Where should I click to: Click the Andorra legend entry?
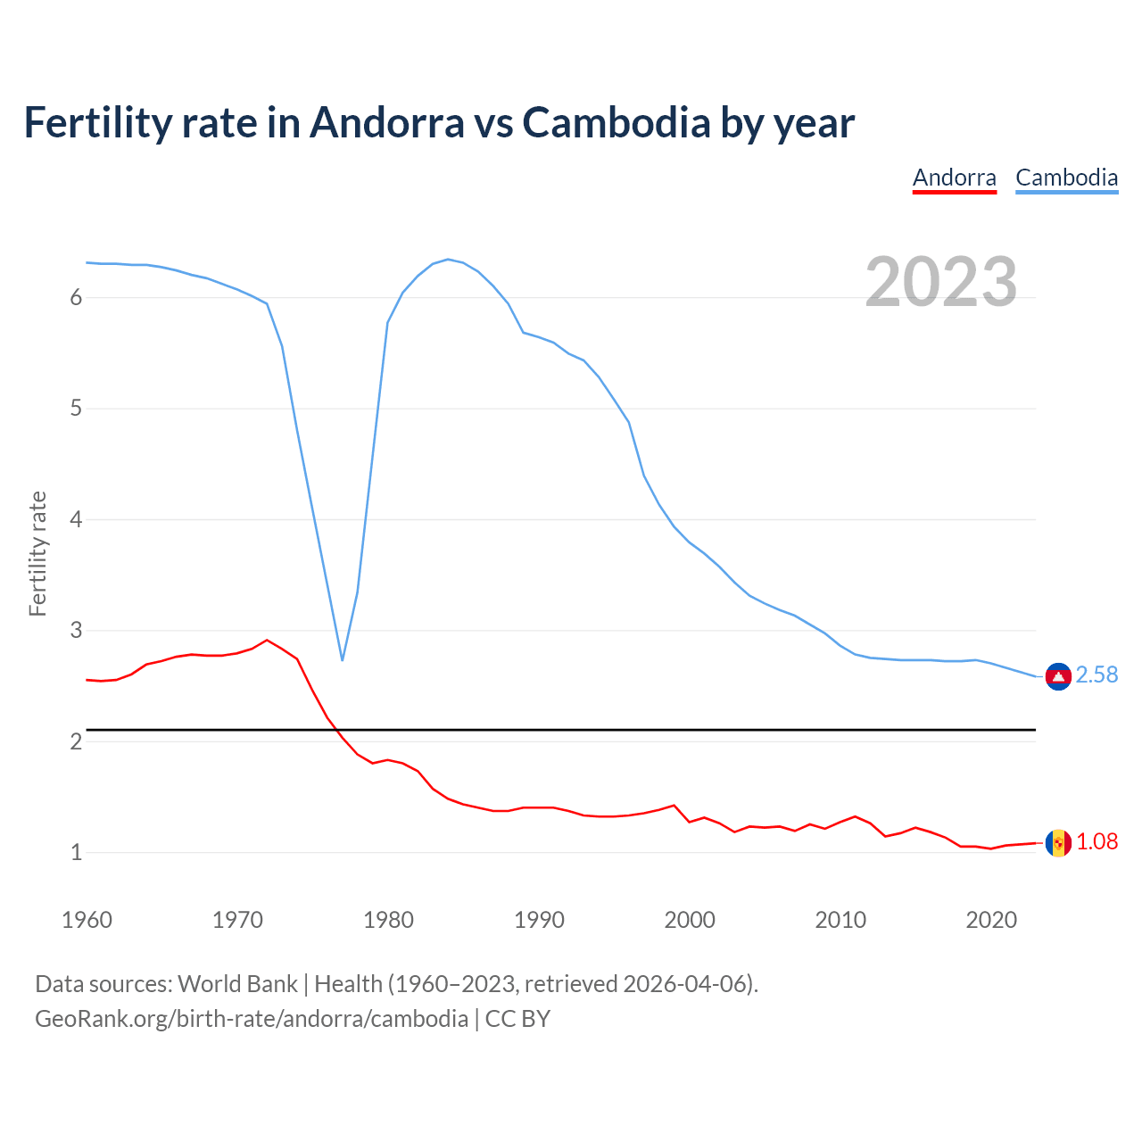pos(954,178)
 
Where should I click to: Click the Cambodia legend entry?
pos(1066,178)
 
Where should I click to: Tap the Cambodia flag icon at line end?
pos(1058,677)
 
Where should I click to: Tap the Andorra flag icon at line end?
pos(1058,842)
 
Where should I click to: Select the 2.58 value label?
pos(1096,675)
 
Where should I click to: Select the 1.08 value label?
pos(1096,842)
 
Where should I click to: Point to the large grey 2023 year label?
pos(940,282)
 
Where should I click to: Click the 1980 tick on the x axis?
pos(388,920)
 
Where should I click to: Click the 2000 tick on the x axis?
pos(690,920)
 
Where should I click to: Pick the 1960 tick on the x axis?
pos(87,920)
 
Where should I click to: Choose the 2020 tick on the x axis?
pos(991,920)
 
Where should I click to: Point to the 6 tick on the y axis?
pos(76,298)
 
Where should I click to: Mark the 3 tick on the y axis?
pos(76,631)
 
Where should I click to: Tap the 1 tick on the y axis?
pos(76,853)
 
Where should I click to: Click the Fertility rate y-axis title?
pos(37,553)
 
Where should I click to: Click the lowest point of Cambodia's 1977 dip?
pos(342,660)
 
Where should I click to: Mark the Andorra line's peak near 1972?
pos(267,640)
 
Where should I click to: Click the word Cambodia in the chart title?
pos(616,122)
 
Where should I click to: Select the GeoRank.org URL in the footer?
pos(251,1019)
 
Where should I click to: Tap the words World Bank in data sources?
pos(237,984)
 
